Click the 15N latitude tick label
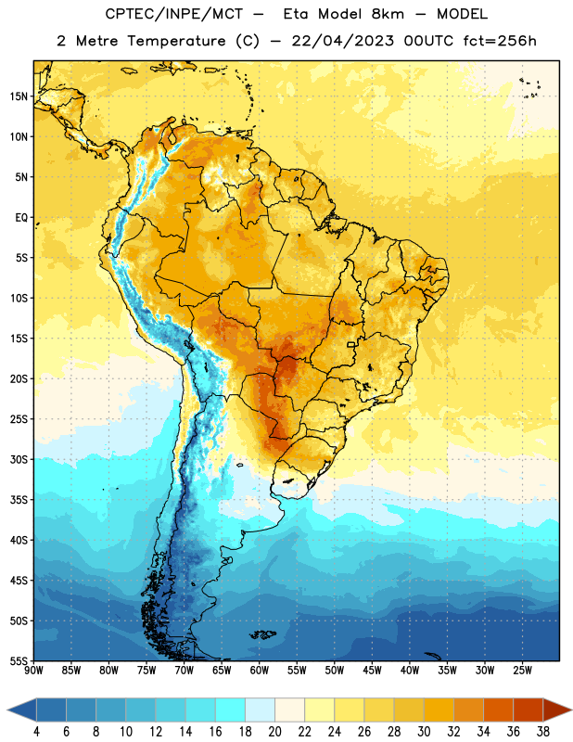point(19,96)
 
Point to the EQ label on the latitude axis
point(21,218)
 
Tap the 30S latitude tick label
point(19,459)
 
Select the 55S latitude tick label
point(19,661)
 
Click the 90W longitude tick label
point(33,671)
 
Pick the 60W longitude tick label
point(260,671)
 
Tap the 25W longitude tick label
point(522,671)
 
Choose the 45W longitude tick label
point(372,671)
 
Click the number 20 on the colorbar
point(274,732)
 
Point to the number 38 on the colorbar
point(542,732)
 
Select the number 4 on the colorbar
point(36,732)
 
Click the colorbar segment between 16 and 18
point(230,710)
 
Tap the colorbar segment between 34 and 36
point(498,710)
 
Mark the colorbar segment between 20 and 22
point(289,710)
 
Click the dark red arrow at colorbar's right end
point(557,710)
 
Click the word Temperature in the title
point(176,41)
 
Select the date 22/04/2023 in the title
point(343,41)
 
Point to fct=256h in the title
point(500,41)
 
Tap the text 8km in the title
point(388,14)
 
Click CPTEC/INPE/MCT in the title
point(173,14)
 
